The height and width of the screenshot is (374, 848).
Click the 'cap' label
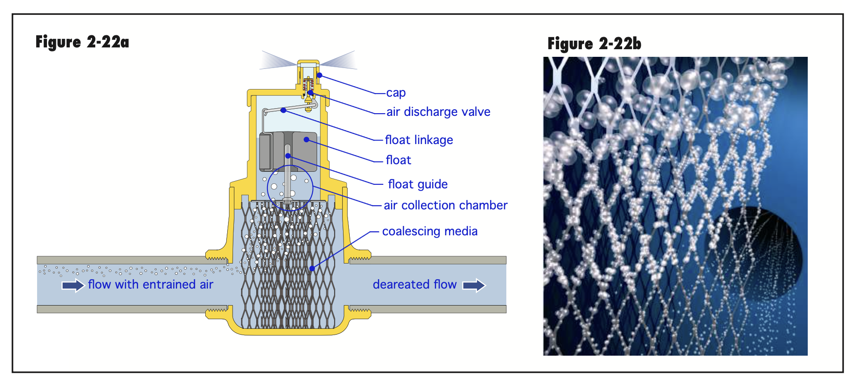pyautogui.click(x=396, y=93)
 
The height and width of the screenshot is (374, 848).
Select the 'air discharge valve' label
pyautogui.click(x=438, y=112)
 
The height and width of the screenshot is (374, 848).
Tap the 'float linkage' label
pyautogui.click(x=419, y=140)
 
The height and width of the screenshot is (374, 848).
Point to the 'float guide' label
pyautogui.click(x=418, y=184)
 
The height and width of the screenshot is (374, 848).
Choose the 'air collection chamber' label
pyautogui.click(x=445, y=205)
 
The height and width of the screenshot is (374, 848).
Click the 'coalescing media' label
pyautogui.click(x=430, y=231)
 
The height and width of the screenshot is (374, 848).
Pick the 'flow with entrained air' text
pyautogui.click(x=151, y=285)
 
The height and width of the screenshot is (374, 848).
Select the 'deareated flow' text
pyautogui.click(x=415, y=285)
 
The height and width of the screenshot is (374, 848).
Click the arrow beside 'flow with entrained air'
pyautogui.click(x=73, y=285)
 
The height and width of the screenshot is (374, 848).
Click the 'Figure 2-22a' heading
pyautogui.click(x=82, y=42)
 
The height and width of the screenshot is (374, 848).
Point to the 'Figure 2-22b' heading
pyautogui.click(x=594, y=44)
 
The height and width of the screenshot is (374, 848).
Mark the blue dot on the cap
pyautogui.click(x=319, y=75)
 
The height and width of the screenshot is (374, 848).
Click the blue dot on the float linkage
pyautogui.click(x=283, y=110)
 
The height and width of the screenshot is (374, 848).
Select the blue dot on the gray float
pyautogui.click(x=306, y=140)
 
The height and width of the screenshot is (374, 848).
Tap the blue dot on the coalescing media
pyautogui.click(x=312, y=268)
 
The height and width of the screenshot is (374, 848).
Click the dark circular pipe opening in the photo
pyautogui.click(x=756, y=251)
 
